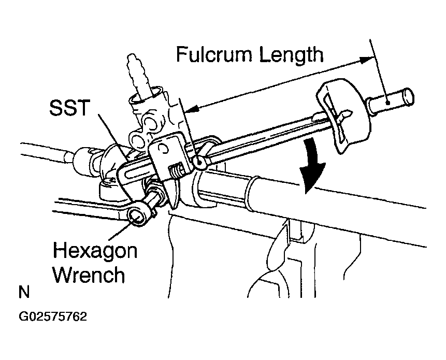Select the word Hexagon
pos(95,251)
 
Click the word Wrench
pos(89,275)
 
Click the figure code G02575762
pos(53,316)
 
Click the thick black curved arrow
pos(311,165)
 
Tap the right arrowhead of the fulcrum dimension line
pos(366,60)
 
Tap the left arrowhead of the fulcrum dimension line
pos(192,109)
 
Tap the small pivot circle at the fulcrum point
pos(200,162)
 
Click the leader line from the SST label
pos(113,135)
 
